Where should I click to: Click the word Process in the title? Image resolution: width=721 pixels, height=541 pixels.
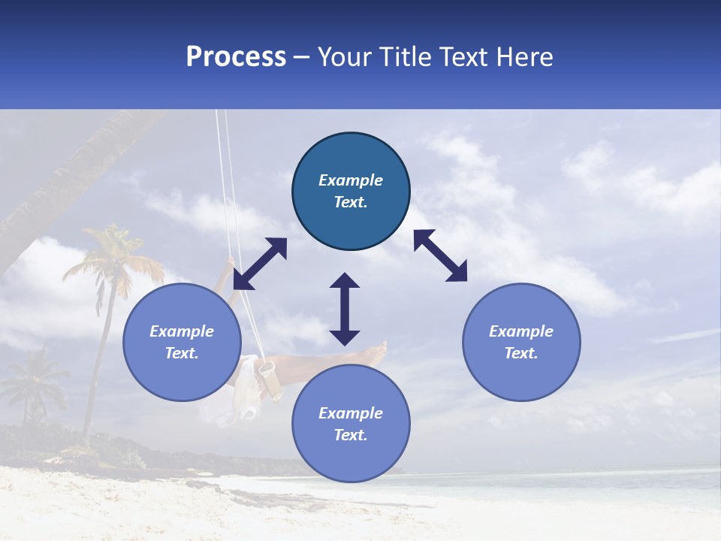point(236,57)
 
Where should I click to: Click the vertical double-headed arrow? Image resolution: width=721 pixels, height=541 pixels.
point(345,309)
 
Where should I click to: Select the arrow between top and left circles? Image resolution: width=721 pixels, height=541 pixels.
point(260,264)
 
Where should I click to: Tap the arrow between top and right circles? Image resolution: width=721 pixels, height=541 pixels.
point(440,255)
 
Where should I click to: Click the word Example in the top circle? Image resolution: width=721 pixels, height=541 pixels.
point(351,180)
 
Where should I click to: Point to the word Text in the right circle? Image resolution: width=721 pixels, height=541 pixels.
point(521,353)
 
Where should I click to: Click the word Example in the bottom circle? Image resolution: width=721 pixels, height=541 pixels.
point(351,413)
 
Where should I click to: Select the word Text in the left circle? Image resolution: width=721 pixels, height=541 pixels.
point(182,353)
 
